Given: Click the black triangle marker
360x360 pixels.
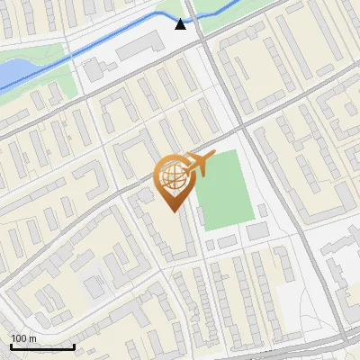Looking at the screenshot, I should (x=181, y=24).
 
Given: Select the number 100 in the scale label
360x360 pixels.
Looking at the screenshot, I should (x=19, y=338).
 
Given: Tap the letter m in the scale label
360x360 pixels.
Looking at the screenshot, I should (x=31, y=338).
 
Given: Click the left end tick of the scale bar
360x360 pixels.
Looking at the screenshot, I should (x=11, y=346).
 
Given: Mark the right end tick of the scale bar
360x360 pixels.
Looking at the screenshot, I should (x=74, y=346).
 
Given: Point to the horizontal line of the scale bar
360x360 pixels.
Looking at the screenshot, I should (x=42, y=347).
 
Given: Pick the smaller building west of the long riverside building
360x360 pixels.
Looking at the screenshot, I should (x=94, y=68).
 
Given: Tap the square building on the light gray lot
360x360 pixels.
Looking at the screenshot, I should (x=94, y=287).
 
